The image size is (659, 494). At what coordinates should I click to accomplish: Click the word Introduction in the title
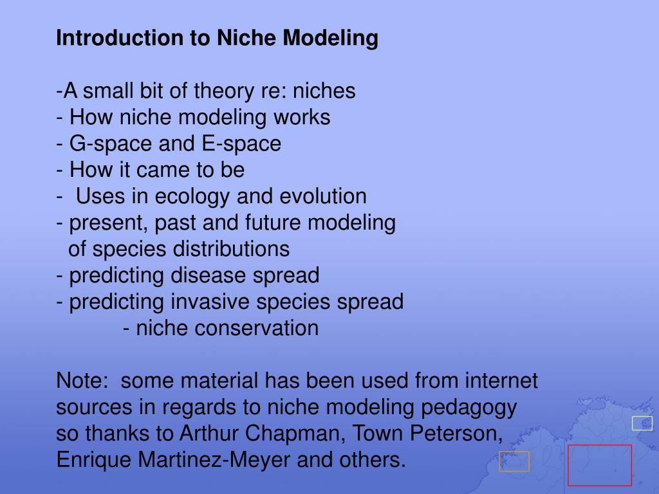(120, 37)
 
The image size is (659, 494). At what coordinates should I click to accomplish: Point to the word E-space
(241, 144)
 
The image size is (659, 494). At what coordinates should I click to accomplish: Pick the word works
(302, 117)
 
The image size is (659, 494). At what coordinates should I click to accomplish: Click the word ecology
(192, 197)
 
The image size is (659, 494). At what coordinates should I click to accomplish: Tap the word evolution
(323, 196)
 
